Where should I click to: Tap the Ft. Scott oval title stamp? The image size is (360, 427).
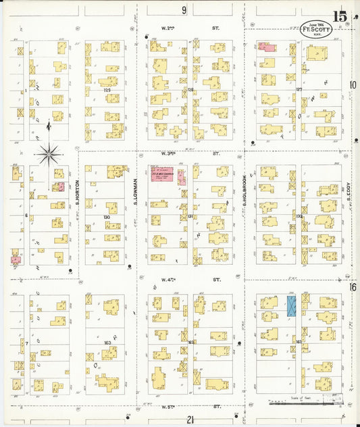[315, 30]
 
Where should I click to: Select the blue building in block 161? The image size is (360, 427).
[292, 306]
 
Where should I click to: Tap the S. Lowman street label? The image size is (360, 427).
[136, 191]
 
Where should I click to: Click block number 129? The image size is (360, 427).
[107, 90]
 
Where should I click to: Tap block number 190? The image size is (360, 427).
[107, 216]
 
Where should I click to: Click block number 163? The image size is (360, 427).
[107, 343]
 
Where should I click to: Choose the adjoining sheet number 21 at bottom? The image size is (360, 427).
[191, 420]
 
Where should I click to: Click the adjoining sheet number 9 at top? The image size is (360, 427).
[184, 10]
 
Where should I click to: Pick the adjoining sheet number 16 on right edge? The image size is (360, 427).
[353, 287]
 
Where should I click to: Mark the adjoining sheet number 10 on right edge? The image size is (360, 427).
[353, 85]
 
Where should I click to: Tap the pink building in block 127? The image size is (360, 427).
[266, 47]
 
